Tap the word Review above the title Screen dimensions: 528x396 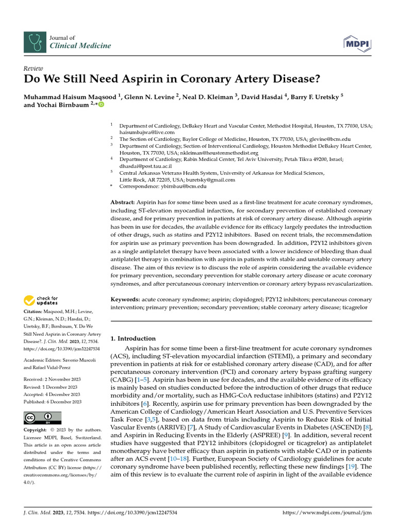coord(34,69)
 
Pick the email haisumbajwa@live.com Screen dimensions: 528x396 coord(147,133)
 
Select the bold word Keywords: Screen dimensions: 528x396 coord(125,300)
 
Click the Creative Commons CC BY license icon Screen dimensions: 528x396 coord(42,418)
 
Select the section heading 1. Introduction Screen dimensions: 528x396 coord(133,339)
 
